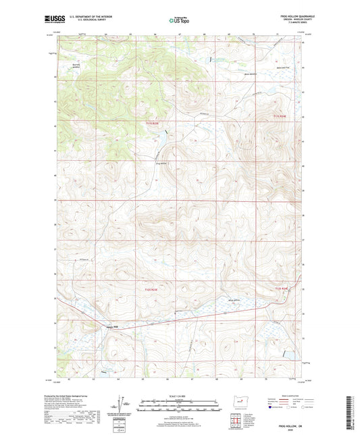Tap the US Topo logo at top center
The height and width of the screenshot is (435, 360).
point(180,20)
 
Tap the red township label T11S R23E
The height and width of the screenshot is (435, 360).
point(155,124)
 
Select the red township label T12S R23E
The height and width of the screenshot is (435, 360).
point(154,290)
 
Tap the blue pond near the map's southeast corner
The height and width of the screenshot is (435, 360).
point(289,353)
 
